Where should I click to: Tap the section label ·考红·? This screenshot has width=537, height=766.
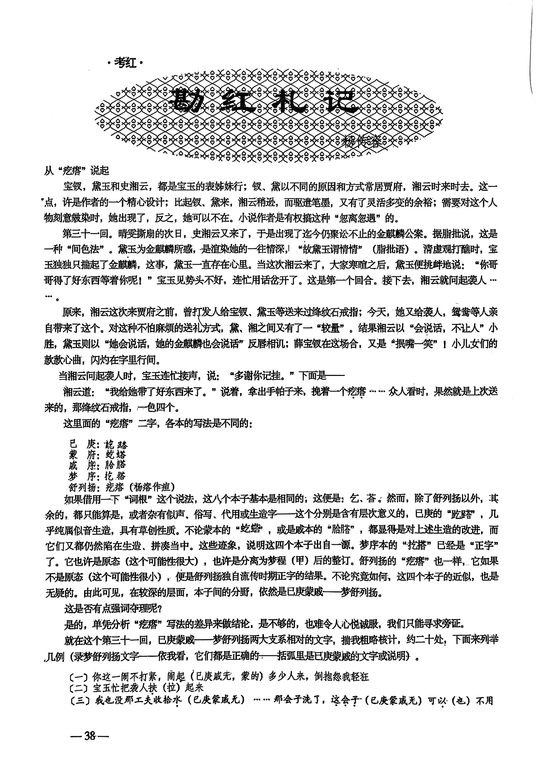coord(125,63)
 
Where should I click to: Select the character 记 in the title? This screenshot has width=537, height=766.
coord(340,102)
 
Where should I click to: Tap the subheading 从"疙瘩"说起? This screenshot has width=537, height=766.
coord(77,171)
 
